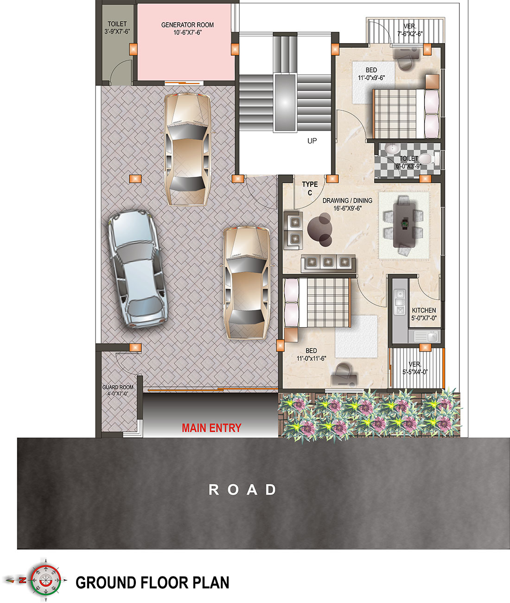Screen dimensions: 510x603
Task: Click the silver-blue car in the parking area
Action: pyautogui.click(x=137, y=269)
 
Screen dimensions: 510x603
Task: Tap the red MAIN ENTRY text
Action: pyautogui.click(x=211, y=428)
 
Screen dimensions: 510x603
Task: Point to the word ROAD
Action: pyautogui.click(x=242, y=490)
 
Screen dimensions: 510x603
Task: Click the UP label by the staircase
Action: pyautogui.click(x=312, y=141)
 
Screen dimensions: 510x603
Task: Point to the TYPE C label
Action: pyautogui.click(x=310, y=188)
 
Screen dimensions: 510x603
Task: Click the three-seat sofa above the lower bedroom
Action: pyautogui.click(x=328, y=262)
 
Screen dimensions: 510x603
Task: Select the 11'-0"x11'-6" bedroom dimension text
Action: pyautogui.click(x=312, y=358)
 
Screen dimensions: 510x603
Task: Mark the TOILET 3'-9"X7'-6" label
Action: pyautogui.click(x=117, y=27)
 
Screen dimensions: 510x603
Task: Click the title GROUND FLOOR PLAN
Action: pyautogui.click(x=153, y=583)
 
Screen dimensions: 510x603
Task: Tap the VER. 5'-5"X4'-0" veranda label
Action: pyautogui.click(x=415, y=368)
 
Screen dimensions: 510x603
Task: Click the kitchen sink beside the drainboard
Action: pyautogui.click(x=432, y=337)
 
